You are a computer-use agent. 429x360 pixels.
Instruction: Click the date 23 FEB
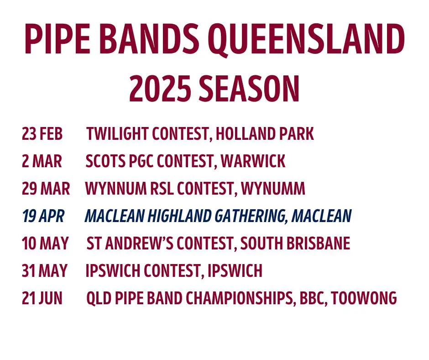42,134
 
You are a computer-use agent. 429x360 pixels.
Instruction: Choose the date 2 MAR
42,161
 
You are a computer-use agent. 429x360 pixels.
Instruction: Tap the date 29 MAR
46,189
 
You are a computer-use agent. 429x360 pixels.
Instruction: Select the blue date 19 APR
43,216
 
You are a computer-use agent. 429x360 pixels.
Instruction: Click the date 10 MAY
45,244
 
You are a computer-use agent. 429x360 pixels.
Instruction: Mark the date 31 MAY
45,270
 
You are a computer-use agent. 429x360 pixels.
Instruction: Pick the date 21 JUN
42,298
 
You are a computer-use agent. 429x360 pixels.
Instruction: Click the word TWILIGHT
118,134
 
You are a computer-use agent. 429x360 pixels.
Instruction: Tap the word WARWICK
253,161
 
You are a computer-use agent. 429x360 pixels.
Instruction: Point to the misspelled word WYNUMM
273,189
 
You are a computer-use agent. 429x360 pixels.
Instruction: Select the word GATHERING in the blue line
251,217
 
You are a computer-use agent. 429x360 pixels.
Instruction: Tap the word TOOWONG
364,298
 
